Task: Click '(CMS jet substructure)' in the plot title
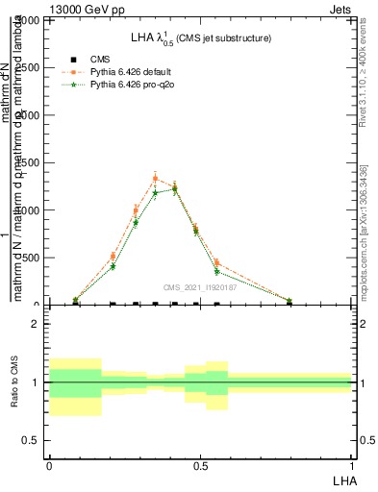(229, 38)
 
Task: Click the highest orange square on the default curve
(156, 178)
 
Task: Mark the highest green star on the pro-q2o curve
(174, 189)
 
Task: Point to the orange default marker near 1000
(136, 210)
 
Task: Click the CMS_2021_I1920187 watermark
(199, 287)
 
